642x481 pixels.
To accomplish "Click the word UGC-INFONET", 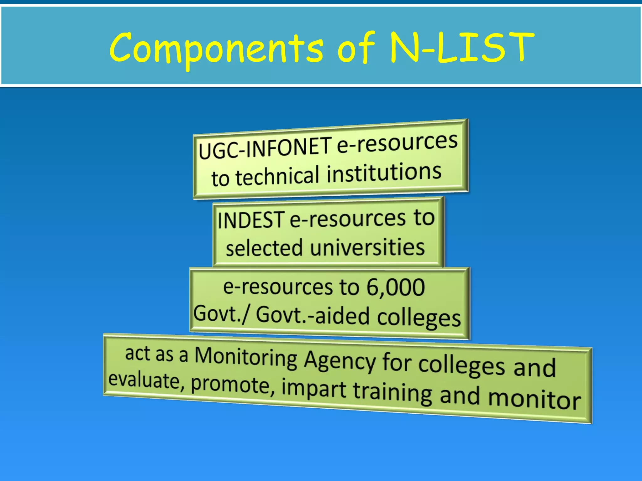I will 265,147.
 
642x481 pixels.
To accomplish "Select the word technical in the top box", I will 278,177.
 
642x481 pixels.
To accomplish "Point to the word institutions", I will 384,173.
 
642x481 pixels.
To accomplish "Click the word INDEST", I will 251,220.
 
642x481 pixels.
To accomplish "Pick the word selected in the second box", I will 264,248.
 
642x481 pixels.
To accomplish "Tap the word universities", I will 367,247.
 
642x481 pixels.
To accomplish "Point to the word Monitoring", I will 246,358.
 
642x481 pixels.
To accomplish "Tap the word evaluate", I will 144,380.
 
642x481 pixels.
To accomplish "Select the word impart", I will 314,389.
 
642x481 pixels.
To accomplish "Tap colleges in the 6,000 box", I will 419,318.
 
